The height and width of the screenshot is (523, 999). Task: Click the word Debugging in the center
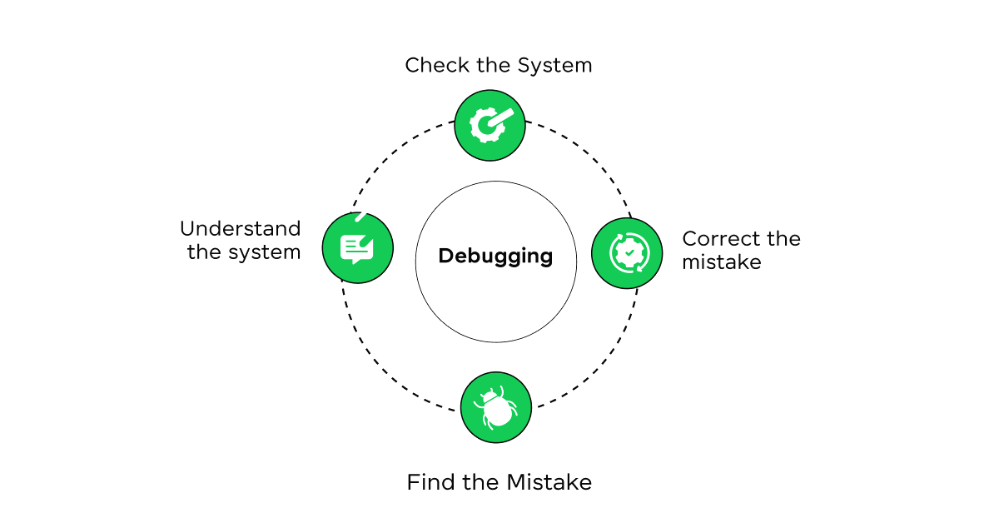[495, 256]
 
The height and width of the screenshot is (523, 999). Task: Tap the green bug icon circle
[496, 407]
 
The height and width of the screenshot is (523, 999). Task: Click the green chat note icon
[357, 248]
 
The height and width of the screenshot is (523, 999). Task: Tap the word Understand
[241, 229]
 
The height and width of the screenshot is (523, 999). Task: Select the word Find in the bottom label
[425, 482]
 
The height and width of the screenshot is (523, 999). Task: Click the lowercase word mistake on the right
[722, 262]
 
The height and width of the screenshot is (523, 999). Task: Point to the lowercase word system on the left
[265, 252]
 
